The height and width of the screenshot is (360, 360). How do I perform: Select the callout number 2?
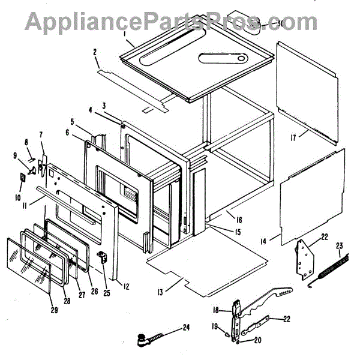click(x=95, y=53)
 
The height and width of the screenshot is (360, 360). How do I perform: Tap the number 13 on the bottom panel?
click(x=160, y=292)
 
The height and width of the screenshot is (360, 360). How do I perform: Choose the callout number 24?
click(x=186, y=328)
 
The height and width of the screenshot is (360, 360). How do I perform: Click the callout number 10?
click(x=18, y=196)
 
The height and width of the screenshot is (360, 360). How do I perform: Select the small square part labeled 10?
click(x=23, y=178)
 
